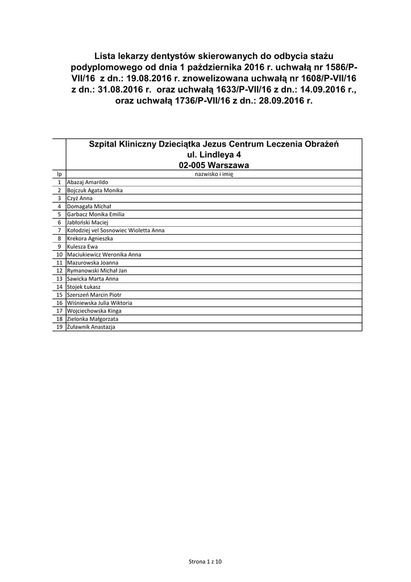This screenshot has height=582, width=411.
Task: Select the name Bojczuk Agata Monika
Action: [95, 190]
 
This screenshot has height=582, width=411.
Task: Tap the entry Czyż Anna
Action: [79, 198]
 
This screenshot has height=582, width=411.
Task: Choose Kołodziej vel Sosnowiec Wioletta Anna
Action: [115, 230]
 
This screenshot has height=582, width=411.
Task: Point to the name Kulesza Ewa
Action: [82, 247]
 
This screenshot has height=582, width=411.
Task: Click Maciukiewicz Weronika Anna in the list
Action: [103, 255]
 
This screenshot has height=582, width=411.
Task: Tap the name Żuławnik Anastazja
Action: [91, 327]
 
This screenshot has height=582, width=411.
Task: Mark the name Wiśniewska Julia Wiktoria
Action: [99, 303]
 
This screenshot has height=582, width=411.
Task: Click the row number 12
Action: [59, 271]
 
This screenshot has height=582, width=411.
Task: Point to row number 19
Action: [59, 327]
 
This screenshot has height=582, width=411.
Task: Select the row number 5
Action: [59, 214]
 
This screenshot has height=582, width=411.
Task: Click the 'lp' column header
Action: [59, 174]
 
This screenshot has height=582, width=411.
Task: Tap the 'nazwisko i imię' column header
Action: [214, 174]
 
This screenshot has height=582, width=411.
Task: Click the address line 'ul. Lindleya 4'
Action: [214, 155]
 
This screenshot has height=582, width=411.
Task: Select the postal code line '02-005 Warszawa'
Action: [214, 165]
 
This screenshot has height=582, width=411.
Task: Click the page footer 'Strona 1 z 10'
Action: [205, 562]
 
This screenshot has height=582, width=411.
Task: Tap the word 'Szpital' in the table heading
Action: [105, 144]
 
